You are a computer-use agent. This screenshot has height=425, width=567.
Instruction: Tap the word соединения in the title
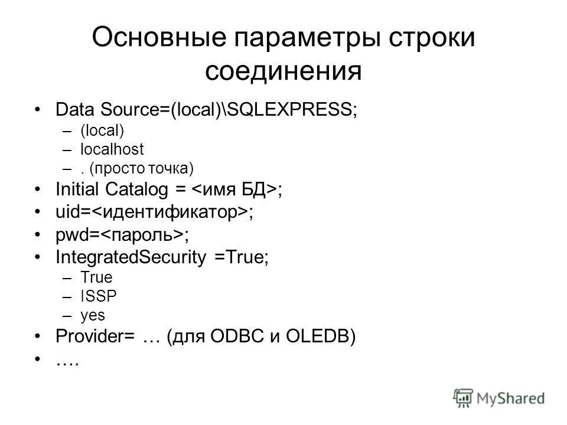click(x=283, y=71)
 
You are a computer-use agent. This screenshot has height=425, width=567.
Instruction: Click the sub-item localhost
click(x=112, y=149)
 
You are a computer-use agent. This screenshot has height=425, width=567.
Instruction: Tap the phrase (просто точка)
click(x=142, y=168)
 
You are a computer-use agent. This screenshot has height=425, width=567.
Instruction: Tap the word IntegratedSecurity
click(x=131, y=257)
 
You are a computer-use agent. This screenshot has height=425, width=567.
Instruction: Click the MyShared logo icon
click(x=464, y=397)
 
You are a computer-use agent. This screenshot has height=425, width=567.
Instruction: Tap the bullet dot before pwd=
click(x=38, y=234)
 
